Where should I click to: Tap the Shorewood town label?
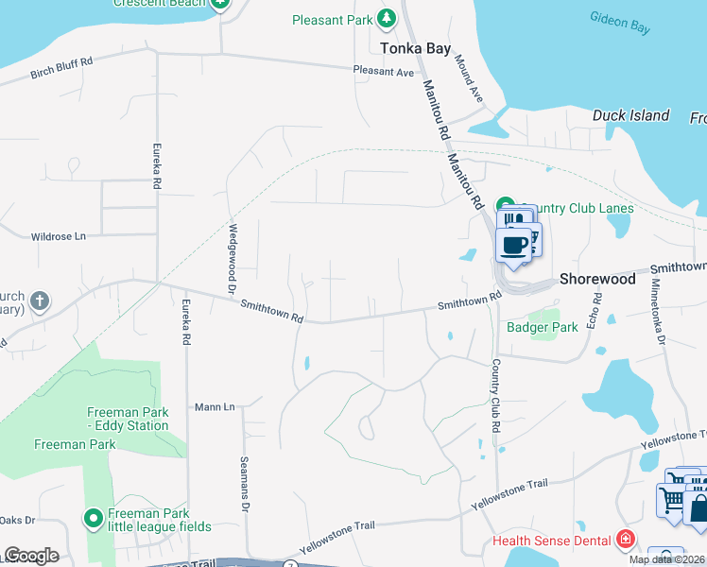596,280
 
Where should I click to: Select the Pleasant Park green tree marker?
386,18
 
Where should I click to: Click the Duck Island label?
630,116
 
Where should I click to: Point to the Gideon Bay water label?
619,23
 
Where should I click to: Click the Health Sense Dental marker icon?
625,541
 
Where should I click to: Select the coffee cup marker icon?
513,245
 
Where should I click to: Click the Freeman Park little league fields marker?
94,519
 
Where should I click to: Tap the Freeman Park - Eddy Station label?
128,419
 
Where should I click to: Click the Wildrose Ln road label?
58,236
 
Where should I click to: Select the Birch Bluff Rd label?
61,68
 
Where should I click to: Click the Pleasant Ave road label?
384,71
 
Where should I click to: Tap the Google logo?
31,556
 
